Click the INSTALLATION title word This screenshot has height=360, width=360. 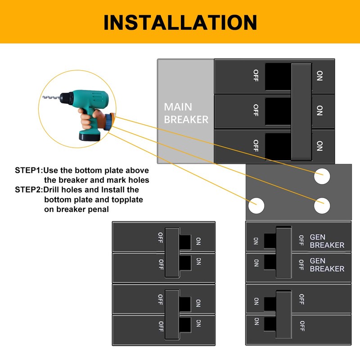180,22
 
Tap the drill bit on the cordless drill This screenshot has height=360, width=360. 51,97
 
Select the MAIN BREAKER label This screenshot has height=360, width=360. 185,113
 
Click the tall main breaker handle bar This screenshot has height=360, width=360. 301,112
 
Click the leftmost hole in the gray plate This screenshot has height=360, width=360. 256,205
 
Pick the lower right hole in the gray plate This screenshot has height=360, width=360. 322,205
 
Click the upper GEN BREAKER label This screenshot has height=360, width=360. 327,241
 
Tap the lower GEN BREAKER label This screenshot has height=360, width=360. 327,265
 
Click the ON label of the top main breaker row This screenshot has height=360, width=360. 319,76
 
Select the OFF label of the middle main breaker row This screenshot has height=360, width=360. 256,110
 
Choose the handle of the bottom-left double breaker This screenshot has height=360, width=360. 173,314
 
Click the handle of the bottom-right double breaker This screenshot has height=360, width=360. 283,314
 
